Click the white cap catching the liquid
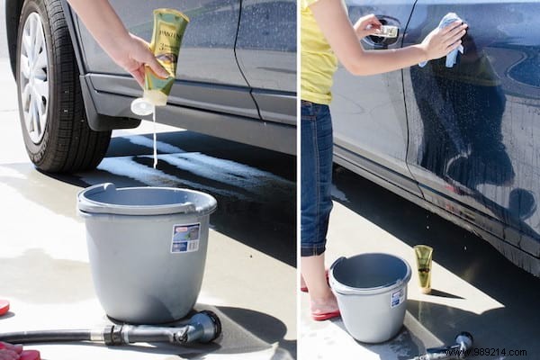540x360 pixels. pyautogui.click(x=142, y=106)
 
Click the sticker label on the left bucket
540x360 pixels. pyautogui.click(x=185, y=238)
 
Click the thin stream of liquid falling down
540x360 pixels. pyautogui.click(x=154, y=139)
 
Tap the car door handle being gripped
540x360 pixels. pyautogui.click(x=385, y=31)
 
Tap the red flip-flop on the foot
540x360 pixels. pyautogui.click(x=325, y=313)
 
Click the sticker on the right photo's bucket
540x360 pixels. pyautogui.click(x=396, y=297)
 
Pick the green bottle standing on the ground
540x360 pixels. pyautogui.click(x=423, y=267)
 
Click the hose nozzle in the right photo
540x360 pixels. pyautogui.click(x=459, y=342)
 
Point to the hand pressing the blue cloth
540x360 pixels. pyautogui.click(x=441, y=40)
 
